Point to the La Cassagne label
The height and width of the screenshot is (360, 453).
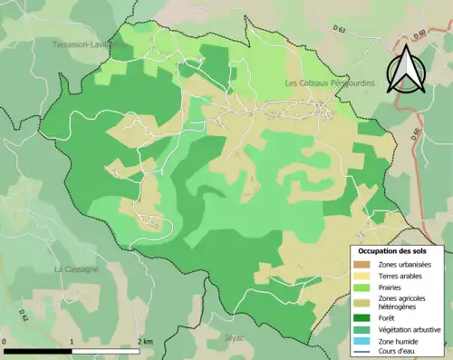(72, 269)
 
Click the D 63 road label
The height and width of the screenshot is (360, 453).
(340, 29)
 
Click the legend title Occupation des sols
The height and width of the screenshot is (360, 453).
(399, 251)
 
